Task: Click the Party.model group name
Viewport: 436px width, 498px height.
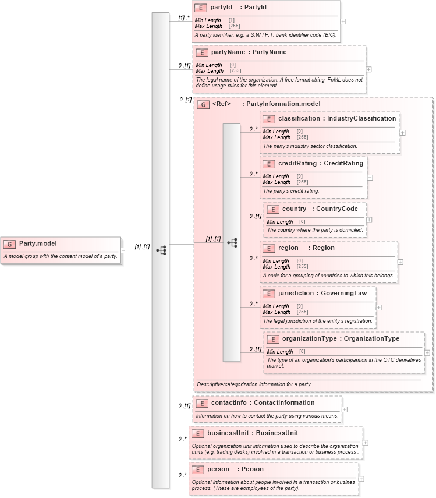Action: [x=38, y=243]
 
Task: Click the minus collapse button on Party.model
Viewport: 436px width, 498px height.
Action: [x=123, y=250]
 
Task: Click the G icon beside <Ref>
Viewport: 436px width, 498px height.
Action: [x=204, y=105]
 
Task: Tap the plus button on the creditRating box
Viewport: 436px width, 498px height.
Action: [x=370, y=178]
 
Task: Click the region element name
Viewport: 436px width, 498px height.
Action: [x=289, y=248]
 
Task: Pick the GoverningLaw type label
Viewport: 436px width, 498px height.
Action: [x=344, y=293]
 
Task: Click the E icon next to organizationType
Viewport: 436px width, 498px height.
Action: [x=272, y=338]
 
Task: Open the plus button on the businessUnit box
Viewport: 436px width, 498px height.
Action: [x=365, y=443]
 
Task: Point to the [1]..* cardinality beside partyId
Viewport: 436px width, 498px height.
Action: [x=183, y=18]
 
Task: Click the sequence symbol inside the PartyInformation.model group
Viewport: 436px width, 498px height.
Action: [x=232, y=242]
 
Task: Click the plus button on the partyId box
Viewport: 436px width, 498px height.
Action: [x=343, y=22]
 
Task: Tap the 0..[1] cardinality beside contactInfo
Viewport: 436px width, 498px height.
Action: [x=184, y=405]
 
